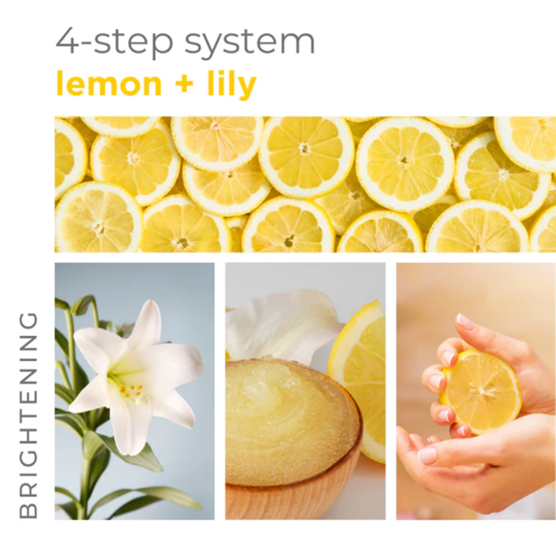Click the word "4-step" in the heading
click(114, 41)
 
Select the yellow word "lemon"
click(109, 84)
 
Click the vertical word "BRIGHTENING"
click(28, 414)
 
